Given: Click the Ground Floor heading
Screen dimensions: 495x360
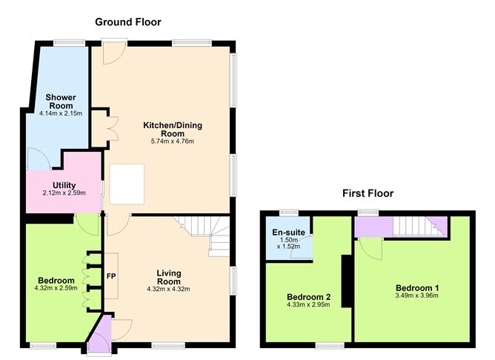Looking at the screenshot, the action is click(128, 22).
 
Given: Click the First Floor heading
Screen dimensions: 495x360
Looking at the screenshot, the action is click(368, 193).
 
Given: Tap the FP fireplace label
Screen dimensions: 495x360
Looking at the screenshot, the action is click(111, 276).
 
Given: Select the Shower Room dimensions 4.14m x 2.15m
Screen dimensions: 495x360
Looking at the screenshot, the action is click(61, 113).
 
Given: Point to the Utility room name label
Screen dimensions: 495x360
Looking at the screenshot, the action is click(64, 185).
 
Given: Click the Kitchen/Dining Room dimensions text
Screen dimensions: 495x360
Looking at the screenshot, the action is click(173, 141).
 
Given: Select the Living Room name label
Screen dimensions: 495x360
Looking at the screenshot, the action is click(169, 277).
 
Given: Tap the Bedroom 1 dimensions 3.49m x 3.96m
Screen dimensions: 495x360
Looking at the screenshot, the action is click(416, 296).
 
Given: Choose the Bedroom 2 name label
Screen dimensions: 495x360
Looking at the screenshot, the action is click(308, 297).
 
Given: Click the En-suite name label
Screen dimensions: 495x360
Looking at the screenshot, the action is click(288, 233).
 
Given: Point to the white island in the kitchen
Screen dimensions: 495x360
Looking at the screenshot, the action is click(127, 184).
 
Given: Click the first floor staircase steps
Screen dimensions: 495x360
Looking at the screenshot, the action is click(414, 226).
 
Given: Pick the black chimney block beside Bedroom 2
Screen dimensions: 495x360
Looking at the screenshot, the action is click(347, 281).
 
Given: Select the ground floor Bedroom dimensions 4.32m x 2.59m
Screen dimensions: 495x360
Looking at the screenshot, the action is click(56, 288).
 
